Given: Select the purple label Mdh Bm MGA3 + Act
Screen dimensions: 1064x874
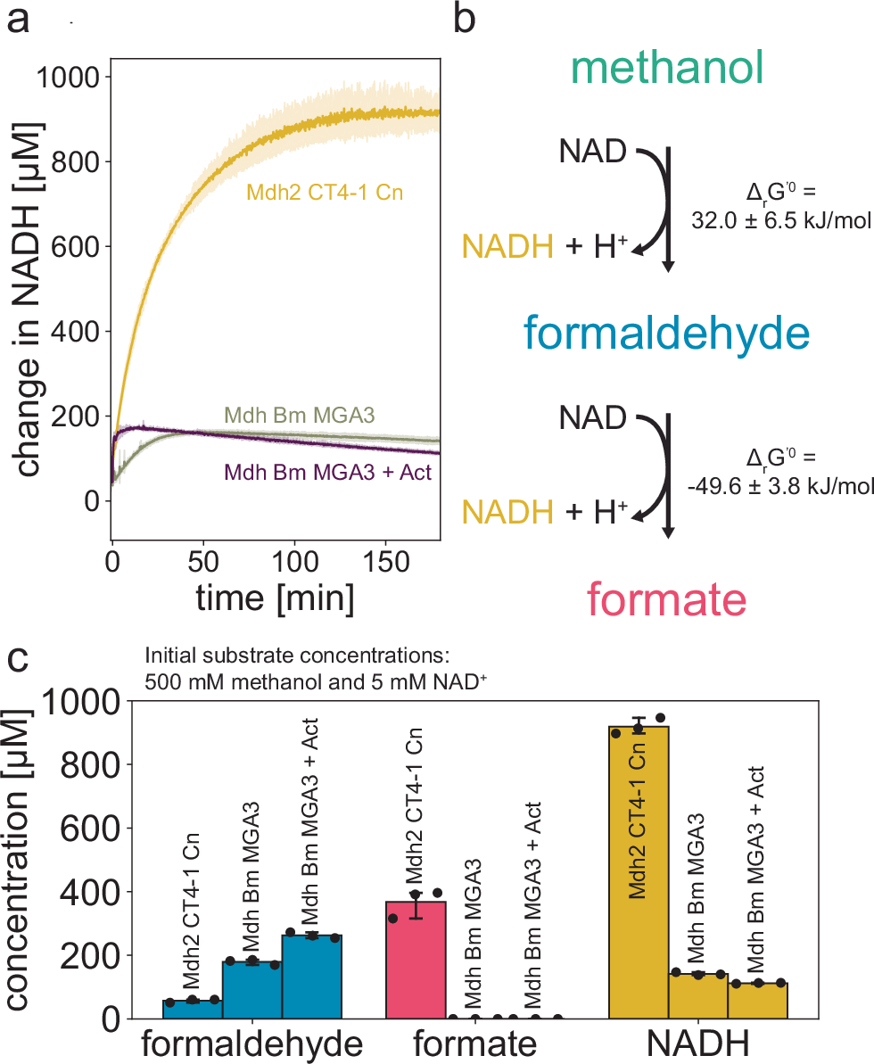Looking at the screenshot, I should pos(329,471).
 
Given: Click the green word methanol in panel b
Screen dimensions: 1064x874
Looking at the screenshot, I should pos(668,69).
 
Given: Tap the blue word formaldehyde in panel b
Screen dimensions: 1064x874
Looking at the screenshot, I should pos(667,334).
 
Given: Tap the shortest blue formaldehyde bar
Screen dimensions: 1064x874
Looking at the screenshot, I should pos(192,1009).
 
